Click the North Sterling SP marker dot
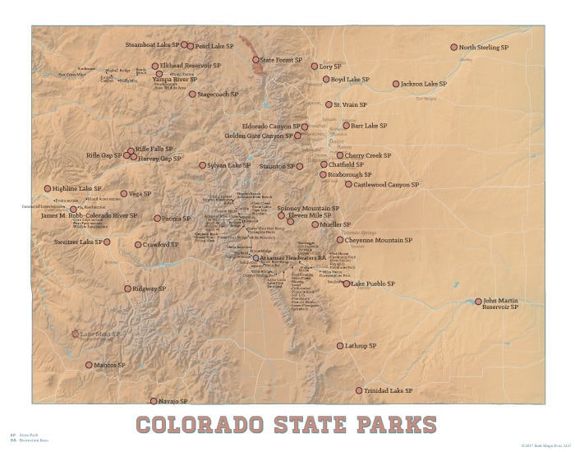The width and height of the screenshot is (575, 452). (453, 48)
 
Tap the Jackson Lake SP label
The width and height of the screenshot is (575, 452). (424, 84)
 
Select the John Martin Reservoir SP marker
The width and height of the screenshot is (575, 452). (479, 302)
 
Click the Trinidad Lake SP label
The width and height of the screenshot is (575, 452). (389, 390)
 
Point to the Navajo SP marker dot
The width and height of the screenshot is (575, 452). (153, 401)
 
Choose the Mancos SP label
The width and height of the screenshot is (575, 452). (109, 365)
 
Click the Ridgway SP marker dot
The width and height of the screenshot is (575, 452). (127, 288)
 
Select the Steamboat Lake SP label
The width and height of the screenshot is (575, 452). (152, 44)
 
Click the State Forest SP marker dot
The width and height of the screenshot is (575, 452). (255, 60)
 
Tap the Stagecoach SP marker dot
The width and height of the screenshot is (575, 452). (192, 95)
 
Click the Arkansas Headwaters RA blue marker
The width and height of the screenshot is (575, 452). (255, 258)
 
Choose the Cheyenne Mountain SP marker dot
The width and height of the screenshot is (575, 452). (339, 240)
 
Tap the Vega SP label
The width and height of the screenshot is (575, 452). (140, 194)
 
